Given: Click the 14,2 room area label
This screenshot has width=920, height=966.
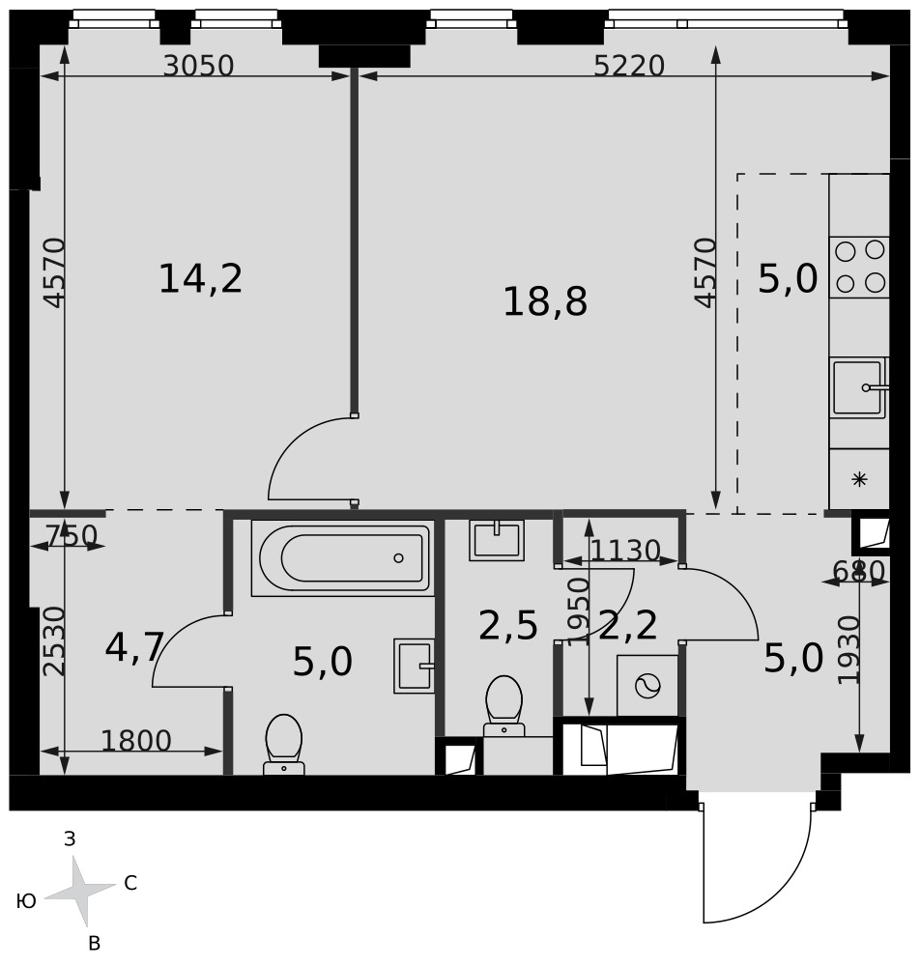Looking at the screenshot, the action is [201, 278].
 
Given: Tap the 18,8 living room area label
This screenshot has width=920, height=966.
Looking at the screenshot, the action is [545, 301].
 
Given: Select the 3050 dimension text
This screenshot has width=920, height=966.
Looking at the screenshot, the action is [198, 66].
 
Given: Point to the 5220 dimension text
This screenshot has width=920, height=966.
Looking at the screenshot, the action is [629, 66].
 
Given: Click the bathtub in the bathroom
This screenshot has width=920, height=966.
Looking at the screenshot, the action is [343, 558].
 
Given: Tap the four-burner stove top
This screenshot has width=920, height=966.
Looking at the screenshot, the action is [859, 268].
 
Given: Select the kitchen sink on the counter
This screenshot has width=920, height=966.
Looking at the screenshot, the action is [859, 387].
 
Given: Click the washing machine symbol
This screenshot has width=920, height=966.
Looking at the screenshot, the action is [647, 686].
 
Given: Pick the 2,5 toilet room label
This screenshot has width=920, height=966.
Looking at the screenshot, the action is [508, 626].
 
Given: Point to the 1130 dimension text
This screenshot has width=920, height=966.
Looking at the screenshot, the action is [625, 551].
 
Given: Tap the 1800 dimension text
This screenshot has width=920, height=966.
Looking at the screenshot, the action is [136, 741].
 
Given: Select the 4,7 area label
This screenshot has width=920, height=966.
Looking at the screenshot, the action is [134, 647].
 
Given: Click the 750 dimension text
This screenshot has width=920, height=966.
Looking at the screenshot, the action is [72, 535].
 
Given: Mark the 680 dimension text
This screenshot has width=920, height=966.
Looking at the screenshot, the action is [859, 571].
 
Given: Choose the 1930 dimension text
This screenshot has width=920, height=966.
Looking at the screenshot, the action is [849, 649].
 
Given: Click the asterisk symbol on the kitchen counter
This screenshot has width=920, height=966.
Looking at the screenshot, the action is [859, 479].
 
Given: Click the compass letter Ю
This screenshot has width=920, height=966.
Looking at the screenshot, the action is [26, 901].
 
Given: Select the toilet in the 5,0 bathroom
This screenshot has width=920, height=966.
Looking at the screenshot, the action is [284, 744].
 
